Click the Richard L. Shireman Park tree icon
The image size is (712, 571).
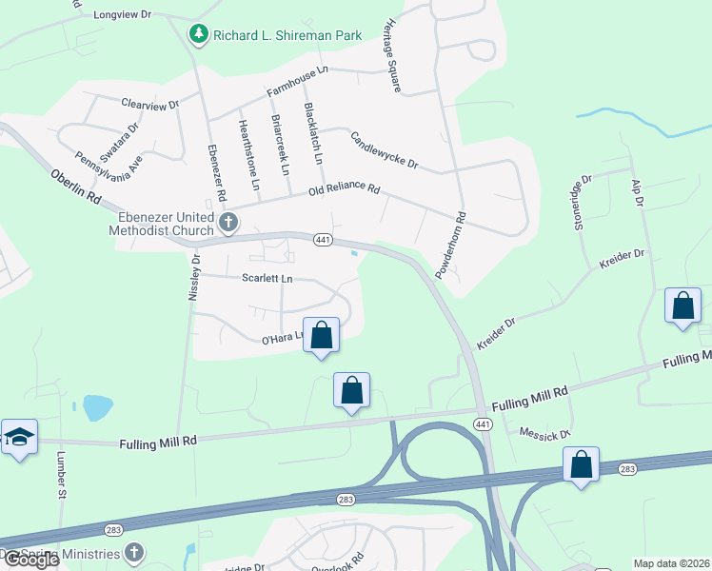[198, 35]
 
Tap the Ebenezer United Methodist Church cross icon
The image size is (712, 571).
[227, 223]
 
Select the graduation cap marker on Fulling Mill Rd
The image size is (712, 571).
[19, 437]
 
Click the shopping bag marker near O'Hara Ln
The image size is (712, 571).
[322, 335]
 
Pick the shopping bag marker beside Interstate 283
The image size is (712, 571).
[581, 465]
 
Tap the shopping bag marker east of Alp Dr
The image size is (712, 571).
[682, 306]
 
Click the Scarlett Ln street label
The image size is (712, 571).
[267, 279]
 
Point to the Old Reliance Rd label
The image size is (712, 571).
[345, 191]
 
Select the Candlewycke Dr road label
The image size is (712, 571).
[385, 149]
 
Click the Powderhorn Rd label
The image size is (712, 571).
[449, 245]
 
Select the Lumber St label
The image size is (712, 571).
[60, 481]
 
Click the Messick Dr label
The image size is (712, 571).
[544, 432]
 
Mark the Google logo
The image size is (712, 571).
[30, 560]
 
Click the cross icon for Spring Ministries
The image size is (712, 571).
[135, 553]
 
